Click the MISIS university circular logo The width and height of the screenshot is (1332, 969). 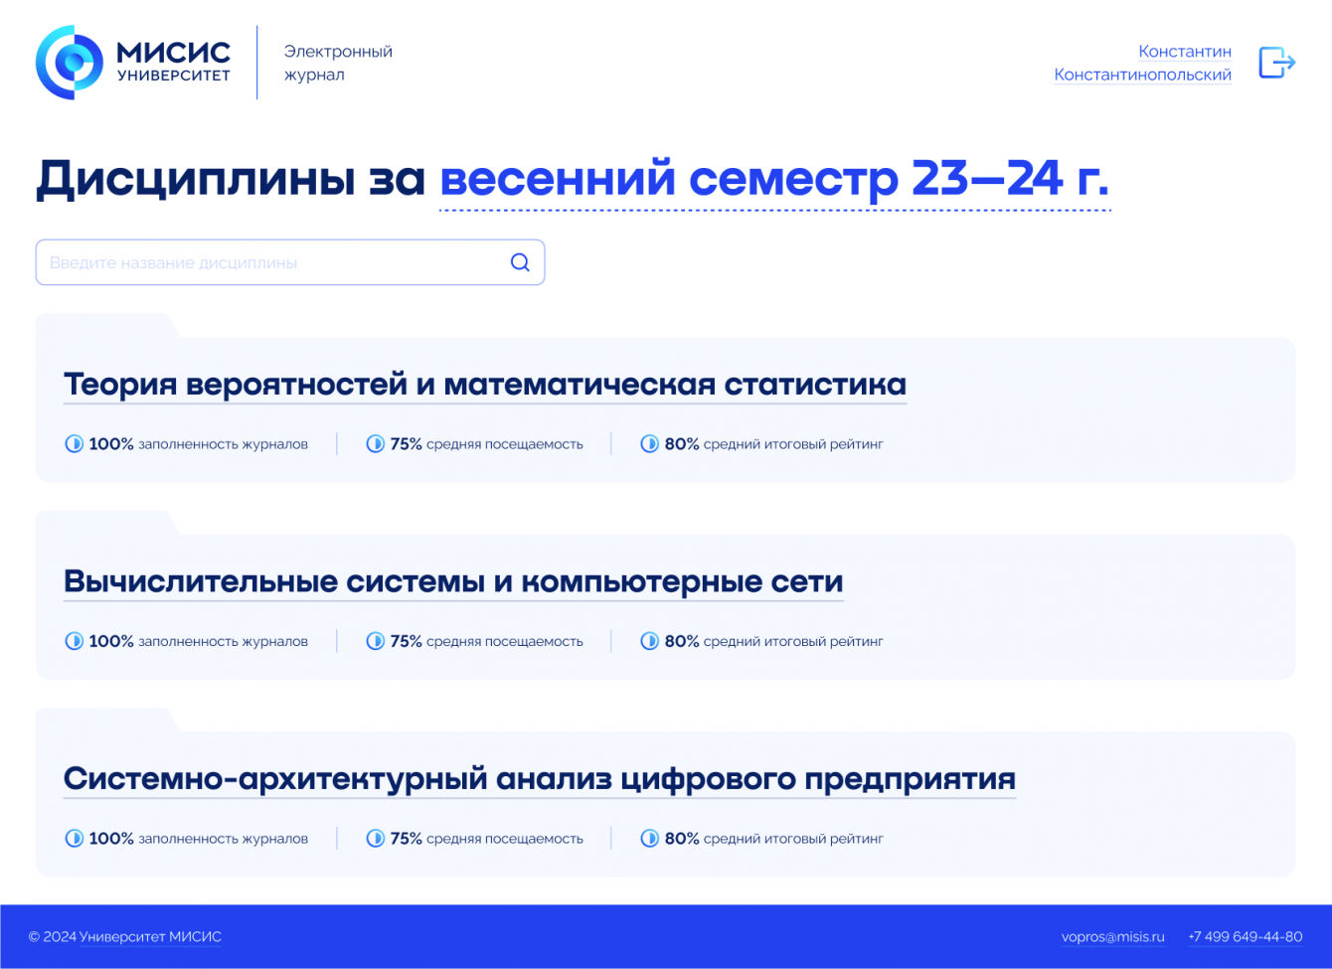[69, 63]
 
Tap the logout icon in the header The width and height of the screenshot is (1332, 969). [1276, 63]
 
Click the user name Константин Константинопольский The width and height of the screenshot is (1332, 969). [1142, 63]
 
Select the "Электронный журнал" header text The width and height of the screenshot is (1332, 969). [338, 63]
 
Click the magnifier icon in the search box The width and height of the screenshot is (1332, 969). [520, 262]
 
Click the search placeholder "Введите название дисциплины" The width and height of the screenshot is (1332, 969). [173, 262]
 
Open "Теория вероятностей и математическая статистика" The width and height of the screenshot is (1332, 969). [485, 384]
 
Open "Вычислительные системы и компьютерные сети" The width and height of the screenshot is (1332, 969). [453, 581]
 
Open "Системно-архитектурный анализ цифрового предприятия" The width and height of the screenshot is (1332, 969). [540, 779]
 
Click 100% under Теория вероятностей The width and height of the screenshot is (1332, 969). [111, 444]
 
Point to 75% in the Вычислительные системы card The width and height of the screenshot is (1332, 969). [406, 641]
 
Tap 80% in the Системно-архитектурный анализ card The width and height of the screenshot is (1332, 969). [682, 839]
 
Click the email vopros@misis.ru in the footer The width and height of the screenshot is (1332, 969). [1112, 937]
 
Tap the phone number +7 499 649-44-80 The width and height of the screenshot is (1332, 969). [1246, 937]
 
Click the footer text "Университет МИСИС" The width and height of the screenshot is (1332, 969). [150, 937]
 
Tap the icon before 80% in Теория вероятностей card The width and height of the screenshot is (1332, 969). [649, 443]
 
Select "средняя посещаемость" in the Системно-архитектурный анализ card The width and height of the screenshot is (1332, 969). [504, 839]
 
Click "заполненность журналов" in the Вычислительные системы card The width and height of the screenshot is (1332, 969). [223, 641]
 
